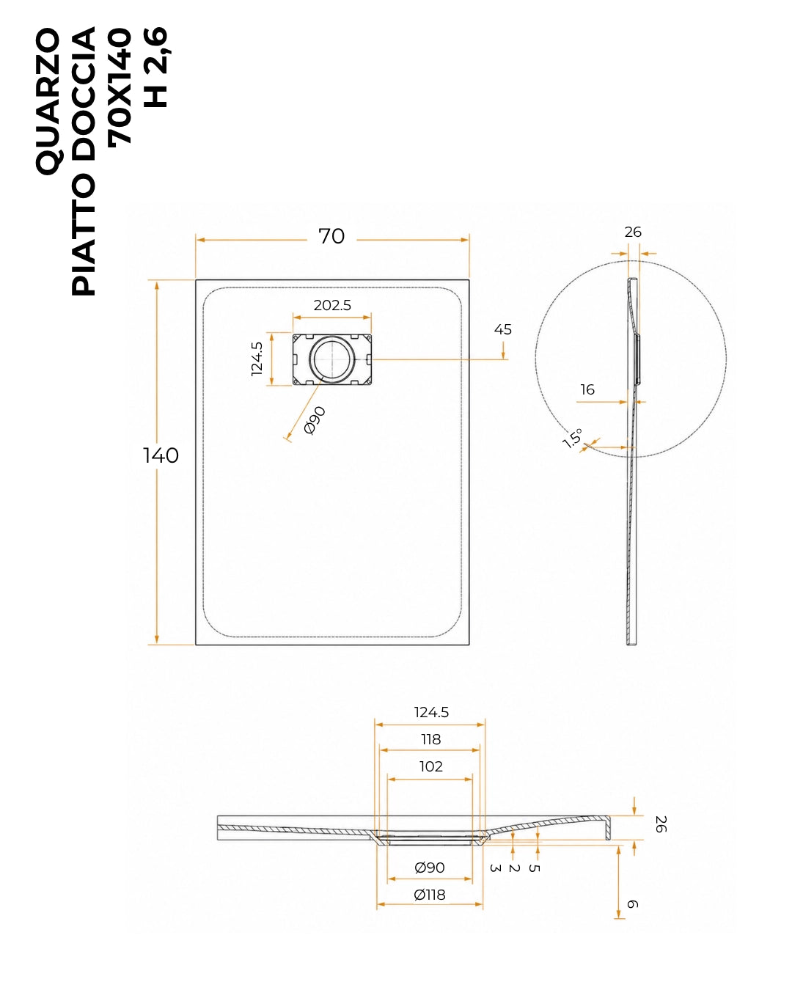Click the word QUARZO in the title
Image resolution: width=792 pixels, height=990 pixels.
pyautogui.click(x=48, y=102)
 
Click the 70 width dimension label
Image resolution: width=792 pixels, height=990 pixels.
pyautogui.click(x=331, y=236)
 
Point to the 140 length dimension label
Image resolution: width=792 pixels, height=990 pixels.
pyautogui.click(x=161, y=455)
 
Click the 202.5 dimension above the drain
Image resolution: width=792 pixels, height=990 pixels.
pyautogui.click(x=332, y=305)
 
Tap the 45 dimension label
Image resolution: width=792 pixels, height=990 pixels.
pyautogui.click(x=502, y=329)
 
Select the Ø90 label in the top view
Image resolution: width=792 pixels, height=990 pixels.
pyautogui.click(x=315, y=420)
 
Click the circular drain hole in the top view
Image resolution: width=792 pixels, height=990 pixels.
pyautogui.click(x=332, y=359)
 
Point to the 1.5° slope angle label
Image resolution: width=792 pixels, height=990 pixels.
pyautogui.click(x=573, y=438)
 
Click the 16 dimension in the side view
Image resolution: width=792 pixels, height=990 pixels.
pyautogui.click(x=587, y=389)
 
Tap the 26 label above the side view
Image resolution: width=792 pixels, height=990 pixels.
pyautogui.click(x=633, y=232)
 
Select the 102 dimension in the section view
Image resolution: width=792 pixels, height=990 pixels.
pyautogui.click(x=430, y=766)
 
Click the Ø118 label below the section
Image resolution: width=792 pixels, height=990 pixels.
pyautogui.click(x=429, y=895)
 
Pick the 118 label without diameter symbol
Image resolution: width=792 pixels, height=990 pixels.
pyautogui.click(x=430, y=739)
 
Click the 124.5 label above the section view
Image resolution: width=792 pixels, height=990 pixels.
pyautogui.click(x=431, y=712)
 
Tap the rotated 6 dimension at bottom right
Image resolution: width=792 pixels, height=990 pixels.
pyautogui.click(x=633, y=904)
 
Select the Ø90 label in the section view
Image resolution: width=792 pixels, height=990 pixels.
pyautogui.click(x=429, y=868)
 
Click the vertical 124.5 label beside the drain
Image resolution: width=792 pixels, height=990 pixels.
pyautogui.click(x=257, y=359)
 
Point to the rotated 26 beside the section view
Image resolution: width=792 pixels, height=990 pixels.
pyautogui.click(x=661, y=824)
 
